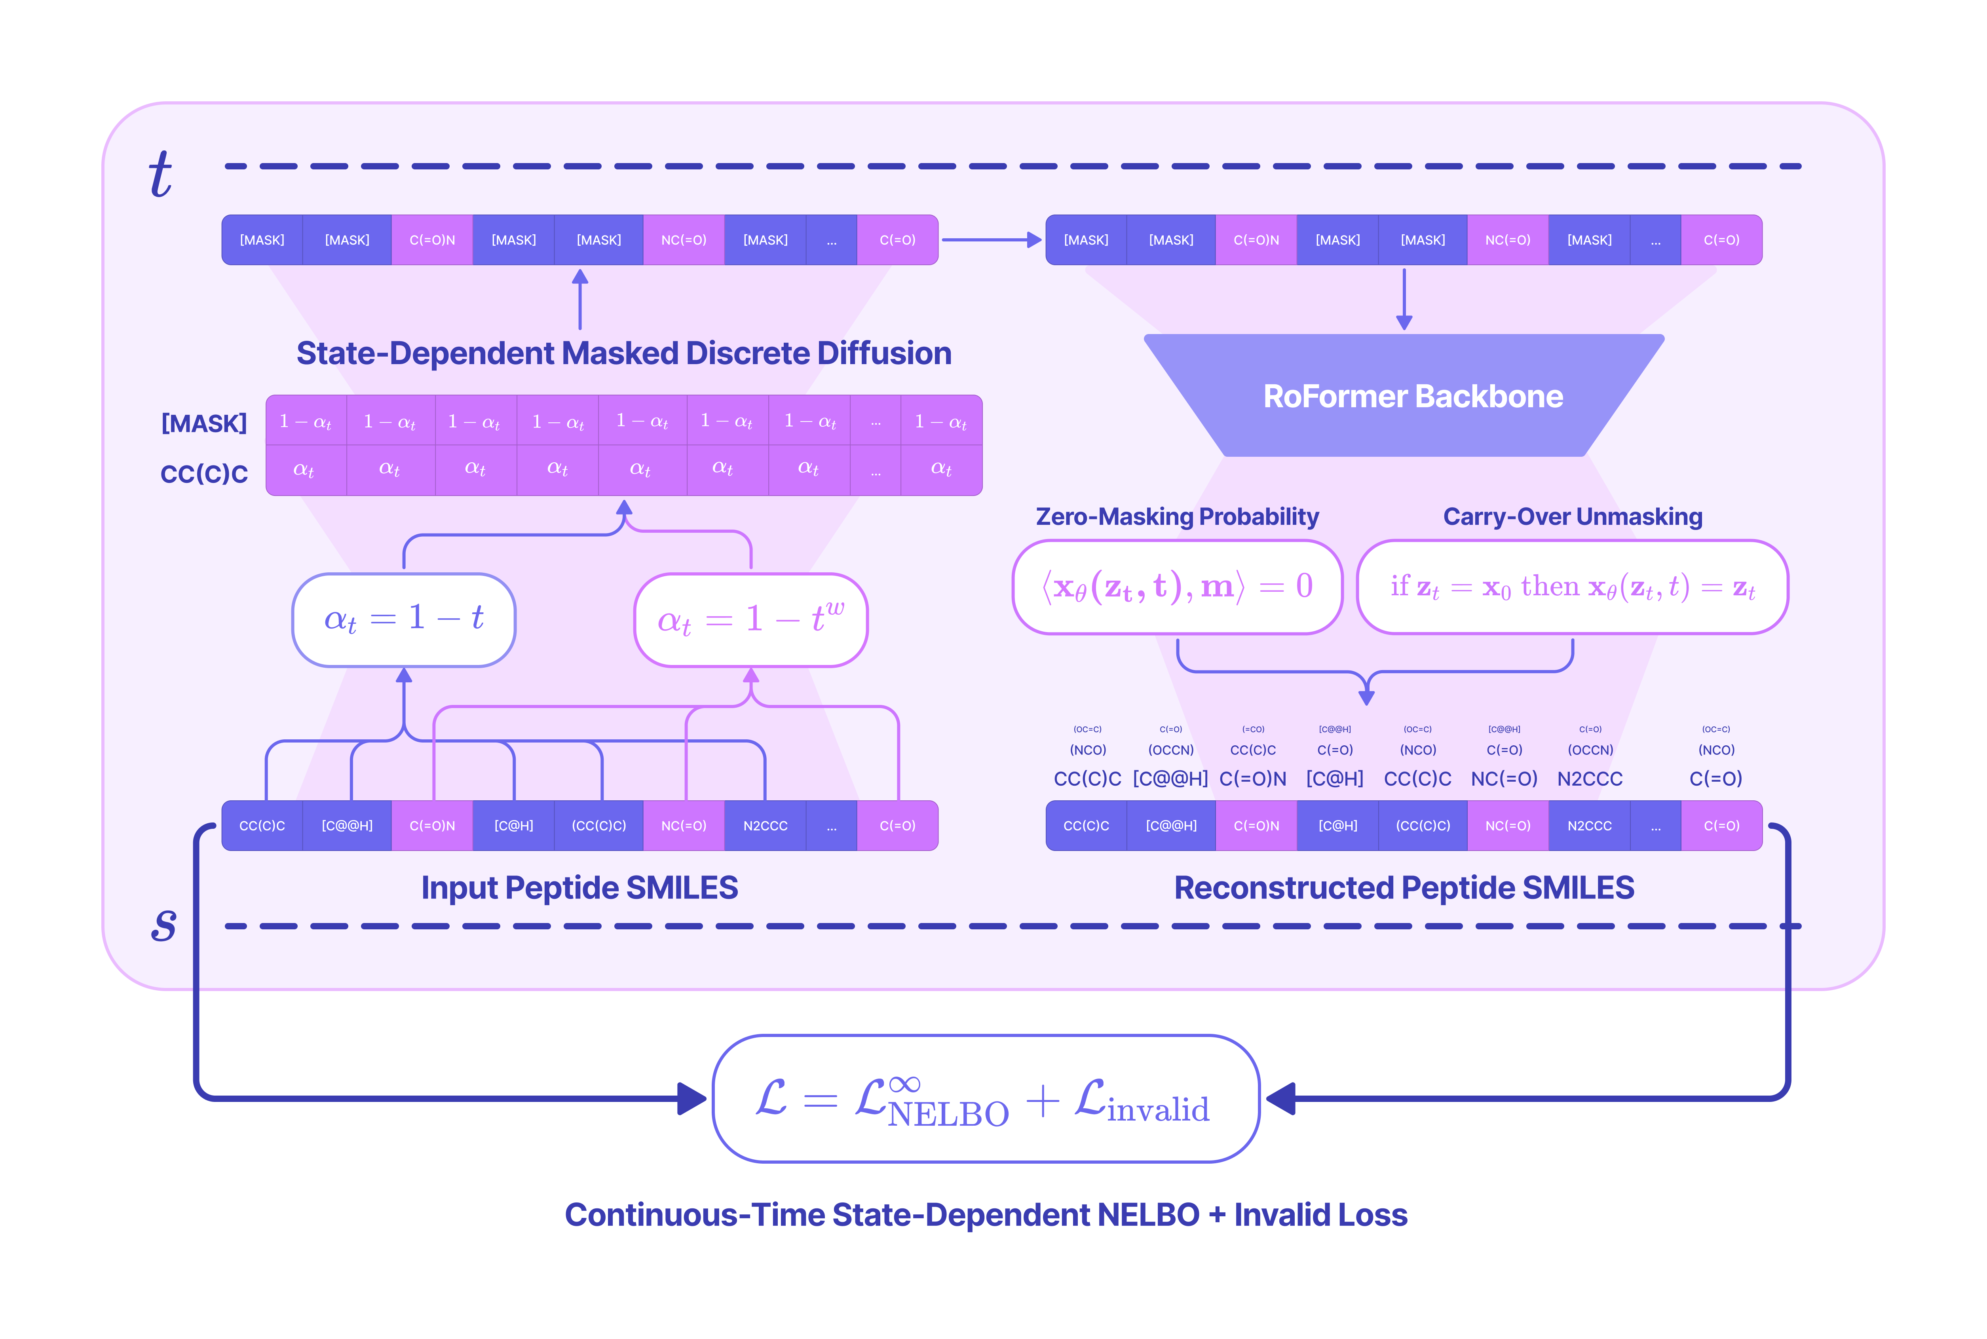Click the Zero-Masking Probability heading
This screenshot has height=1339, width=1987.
click(1177, 517)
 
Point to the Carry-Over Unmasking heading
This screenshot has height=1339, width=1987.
click(1572, 517)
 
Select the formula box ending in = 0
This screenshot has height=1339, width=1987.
click(1177, 587)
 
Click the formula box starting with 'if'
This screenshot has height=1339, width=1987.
click(1572, 587)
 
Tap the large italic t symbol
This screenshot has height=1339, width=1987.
click(160, 175)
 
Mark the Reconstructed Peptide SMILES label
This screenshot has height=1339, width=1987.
click(1404, 888)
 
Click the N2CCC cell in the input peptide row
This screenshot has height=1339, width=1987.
click(765, 826)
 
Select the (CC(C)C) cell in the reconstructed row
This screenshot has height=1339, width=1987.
click(1423, 826)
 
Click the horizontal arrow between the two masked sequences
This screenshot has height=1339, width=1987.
click(990, 240)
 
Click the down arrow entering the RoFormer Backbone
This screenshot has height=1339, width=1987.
click(1404, 299)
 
